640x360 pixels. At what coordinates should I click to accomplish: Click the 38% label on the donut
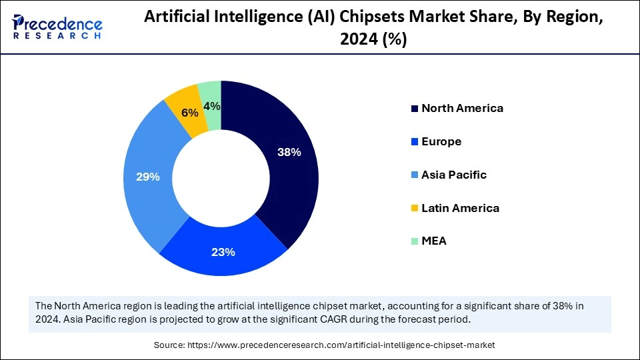pyautogui.click(x=289, y=152)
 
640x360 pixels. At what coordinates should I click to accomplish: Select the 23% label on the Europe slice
pyautogui.click(x=223, y=252)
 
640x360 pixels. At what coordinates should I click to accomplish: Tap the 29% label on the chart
pyautogui.click(x=147, y=177)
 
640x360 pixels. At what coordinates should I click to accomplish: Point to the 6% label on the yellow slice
pyautogui.click(x=191, y=113)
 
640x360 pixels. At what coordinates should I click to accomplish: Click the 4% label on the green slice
pyautogui.click(x=212, y=106)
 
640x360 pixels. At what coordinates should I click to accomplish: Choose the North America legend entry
pyautogui.click(x=462, y=108)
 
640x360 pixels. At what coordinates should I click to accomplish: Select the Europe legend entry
pyautogui.click(x=441, y=141)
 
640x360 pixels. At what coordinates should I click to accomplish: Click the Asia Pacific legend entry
pyautogui.click(x=454, y=175)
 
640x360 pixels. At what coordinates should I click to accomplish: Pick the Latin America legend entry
pyautogui.click(x=460, y=208)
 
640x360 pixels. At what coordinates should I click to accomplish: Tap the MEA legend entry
pyautogui.click(x=434, y=241)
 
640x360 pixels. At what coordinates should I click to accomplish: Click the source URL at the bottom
pyautogui.click(x=341, y=345)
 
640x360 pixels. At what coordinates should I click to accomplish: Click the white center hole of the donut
pyautogui.click(x=221, y=178)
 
